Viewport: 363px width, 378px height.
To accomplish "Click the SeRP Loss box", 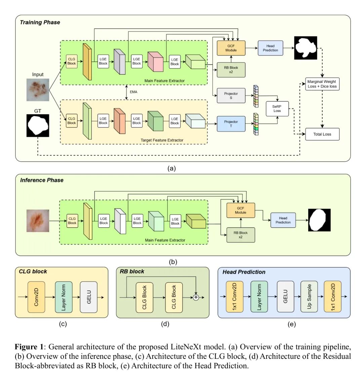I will pos(277,108).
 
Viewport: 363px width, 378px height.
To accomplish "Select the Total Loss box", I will pos(322,134).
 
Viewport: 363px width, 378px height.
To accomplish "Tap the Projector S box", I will pos(231,96).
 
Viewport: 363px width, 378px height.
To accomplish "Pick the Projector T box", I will pos(231,124).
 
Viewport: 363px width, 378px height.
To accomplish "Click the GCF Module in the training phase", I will pos(231,48).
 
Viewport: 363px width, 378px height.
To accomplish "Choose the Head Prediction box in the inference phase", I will pos(283,220).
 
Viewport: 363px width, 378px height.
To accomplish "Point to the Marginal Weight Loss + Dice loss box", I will pos(322,84).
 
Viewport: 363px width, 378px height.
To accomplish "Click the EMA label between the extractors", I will pos(133,91).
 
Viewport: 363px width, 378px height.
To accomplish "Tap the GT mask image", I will pos(38,125).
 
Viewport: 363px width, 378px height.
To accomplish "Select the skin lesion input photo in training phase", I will pos(38,90).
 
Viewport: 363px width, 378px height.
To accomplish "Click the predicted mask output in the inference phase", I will pos(319,220).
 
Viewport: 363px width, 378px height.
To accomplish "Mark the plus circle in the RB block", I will pos(196,297).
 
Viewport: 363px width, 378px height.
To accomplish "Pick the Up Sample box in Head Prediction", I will pos(309,297).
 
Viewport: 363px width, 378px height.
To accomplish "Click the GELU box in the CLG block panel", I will pos(89,297).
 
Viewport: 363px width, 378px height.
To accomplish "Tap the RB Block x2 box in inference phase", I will pos(241,235).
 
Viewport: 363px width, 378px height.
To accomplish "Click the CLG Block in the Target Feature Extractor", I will pos(72,121).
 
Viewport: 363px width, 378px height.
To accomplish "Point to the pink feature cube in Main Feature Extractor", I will pos(155,62).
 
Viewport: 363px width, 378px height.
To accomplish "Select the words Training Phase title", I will pos(40,23).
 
